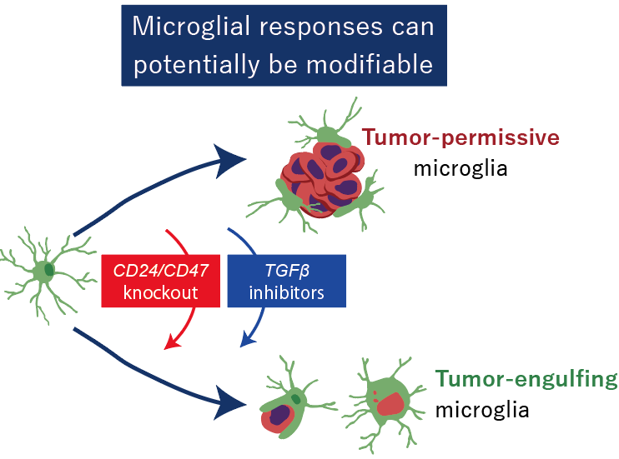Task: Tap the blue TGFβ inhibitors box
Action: point(286,282)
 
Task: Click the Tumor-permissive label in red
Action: point(459,138)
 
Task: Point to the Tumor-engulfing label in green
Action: point(526,381)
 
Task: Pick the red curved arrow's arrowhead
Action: point(174,341)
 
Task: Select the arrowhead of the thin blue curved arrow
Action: point(247,339)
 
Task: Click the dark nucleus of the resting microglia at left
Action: point(49,270)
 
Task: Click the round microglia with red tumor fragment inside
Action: point(387,400)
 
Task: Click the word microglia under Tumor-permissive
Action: point(460,169)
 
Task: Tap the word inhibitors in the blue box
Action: point(286,294)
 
